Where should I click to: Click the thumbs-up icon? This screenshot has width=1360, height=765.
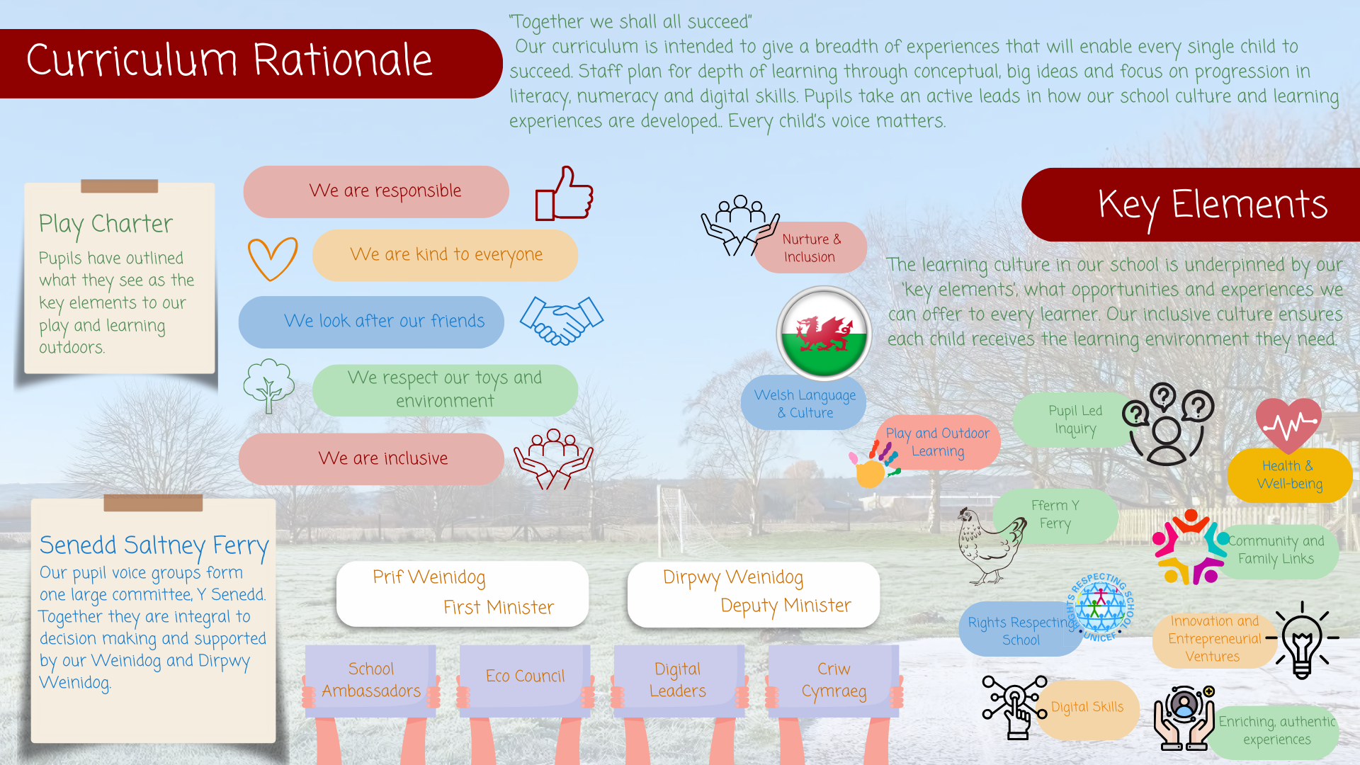click(x=565, y=194)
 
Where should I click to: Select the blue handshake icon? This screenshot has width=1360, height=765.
click(x=562, y=320)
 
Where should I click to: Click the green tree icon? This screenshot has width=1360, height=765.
click(x=268, y=385)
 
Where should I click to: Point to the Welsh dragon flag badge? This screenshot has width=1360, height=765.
click(x=824, y=334)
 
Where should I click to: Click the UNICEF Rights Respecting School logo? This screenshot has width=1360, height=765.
click(x=1100, y=608)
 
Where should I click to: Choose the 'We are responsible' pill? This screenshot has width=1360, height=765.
click(x=376, y=191)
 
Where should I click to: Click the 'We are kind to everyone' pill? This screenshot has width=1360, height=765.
click(x=445, y=255)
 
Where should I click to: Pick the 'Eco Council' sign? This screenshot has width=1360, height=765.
click(x=525, y=676)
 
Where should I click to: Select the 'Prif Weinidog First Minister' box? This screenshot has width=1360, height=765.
click(x=463, y=594)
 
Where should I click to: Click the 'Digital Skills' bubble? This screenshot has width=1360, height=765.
click(x=1087, y=708)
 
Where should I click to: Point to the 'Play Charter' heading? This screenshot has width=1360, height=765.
click(x=106, y=224)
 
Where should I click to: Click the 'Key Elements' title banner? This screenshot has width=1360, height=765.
click(x=1191, y=205)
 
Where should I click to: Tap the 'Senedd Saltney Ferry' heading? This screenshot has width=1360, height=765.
click(x=154, y=545)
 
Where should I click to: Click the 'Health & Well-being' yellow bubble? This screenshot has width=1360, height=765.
click(x=1289, y=475)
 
